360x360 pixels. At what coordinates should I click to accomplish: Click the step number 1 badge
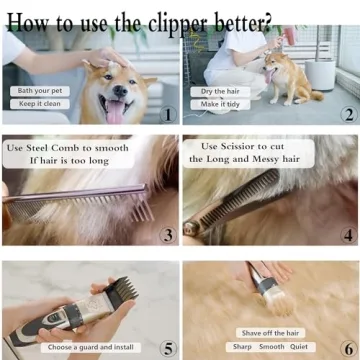pos(167,114)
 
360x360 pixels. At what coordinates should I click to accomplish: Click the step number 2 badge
pos(347,114)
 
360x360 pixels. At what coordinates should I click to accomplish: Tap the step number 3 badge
pos(167,236)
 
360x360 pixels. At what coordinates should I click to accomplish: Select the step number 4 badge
pos(347,236)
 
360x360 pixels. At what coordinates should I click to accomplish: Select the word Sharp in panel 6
pos(243,346)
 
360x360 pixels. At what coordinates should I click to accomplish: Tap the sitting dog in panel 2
pos(286,76)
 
